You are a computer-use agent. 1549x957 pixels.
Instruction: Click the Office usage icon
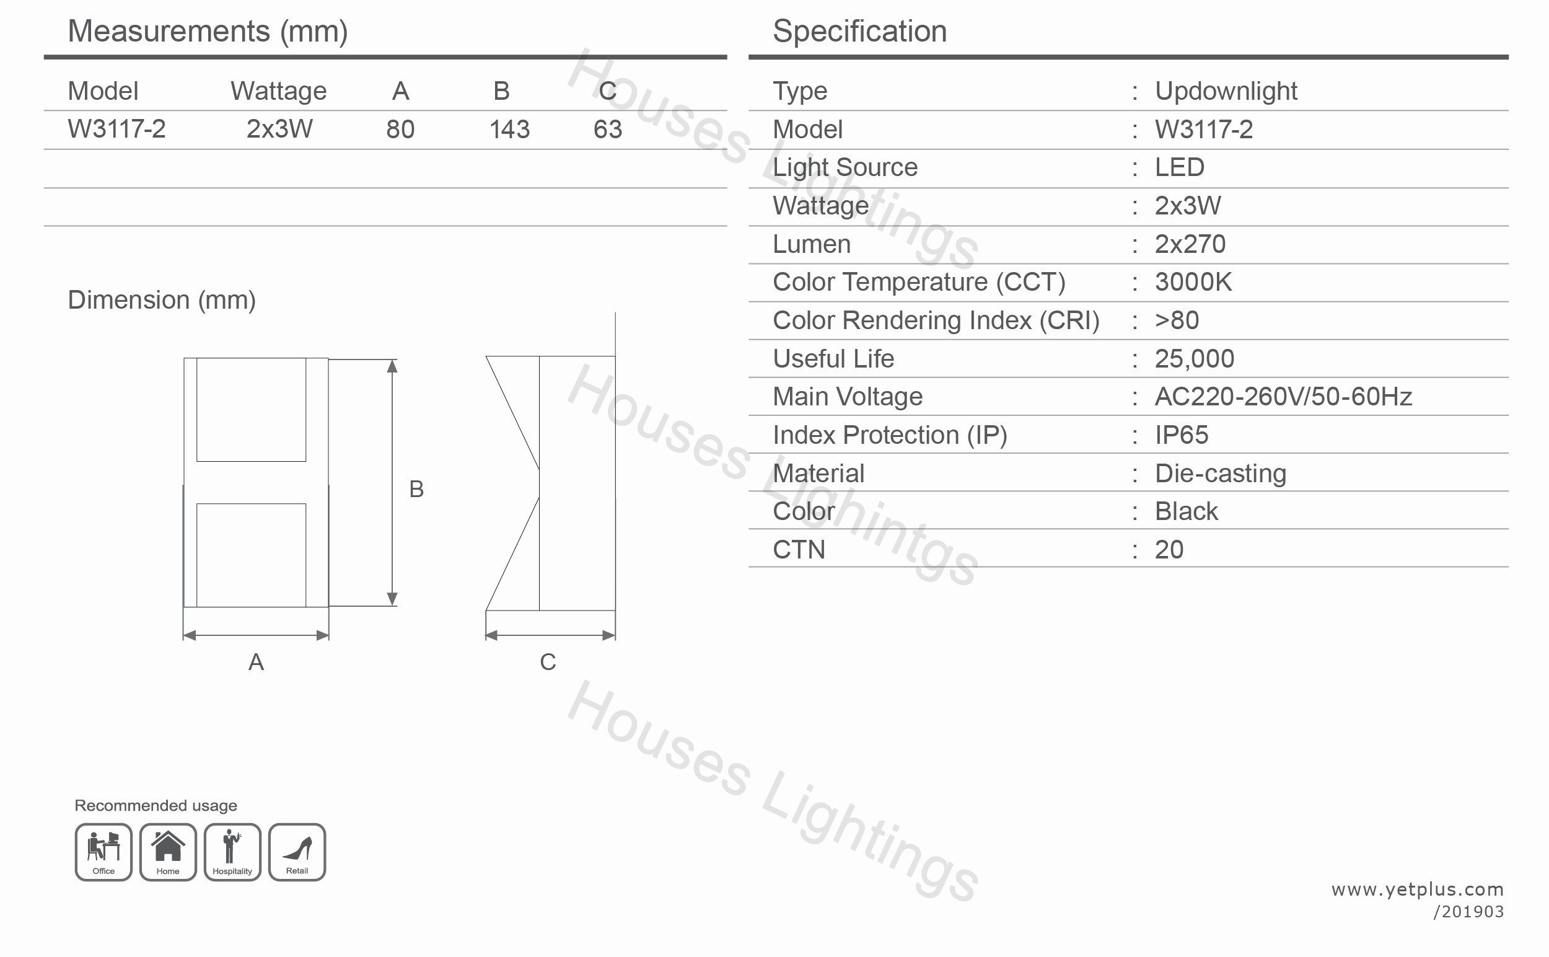pyautogui.click(x=103, y=851)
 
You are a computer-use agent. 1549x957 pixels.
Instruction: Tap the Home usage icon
pyautogui.click(x=168, y=851)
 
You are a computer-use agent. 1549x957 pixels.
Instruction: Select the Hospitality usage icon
pyautogui.click(x=232, y=851)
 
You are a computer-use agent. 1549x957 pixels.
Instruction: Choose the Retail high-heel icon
pyautogui.click(x=297, y=851)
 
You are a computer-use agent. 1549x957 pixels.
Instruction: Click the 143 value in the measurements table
pyautogui.click(x=509, y=130)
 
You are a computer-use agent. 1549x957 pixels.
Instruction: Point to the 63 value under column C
pyautogui.click(x=607, y=130)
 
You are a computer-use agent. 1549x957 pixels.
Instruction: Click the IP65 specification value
pyautogui.click(x=1181, y=436)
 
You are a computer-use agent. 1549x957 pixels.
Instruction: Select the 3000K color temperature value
pyautogui.click(x=1193, y=282)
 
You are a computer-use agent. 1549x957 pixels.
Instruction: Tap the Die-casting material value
pyautogui.click(x=1220, y=474)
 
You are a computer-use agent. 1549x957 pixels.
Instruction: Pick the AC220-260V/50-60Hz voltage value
pyautogui.click(x=1283, y=397)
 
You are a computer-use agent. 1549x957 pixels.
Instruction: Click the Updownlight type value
pyautogui.click(x=1226, y=91)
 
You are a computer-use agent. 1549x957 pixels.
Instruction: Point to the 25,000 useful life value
pyautogui.click(x=1194, y=359)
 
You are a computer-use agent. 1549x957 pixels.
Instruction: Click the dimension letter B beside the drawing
pyautogui.click(x=416, y=489)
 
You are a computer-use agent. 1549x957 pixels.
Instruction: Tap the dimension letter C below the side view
pyautogui.click(x=548, y=662)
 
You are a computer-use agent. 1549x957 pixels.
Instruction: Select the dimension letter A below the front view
pyautogui.click(x=256, y=662)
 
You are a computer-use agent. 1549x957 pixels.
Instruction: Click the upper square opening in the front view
pyautogui.click(x=251, y=410)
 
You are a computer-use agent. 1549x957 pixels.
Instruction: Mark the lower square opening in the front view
pyautogui.click(x=251, y=555)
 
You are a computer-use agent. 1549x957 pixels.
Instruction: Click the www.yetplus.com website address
pyautogui.click(x=1418, y=889)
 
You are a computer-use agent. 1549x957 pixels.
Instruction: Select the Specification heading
pyautogui.click(x=859, y=32)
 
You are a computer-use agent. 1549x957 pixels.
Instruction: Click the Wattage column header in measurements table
pyautogui.click(x=278, y=91)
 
